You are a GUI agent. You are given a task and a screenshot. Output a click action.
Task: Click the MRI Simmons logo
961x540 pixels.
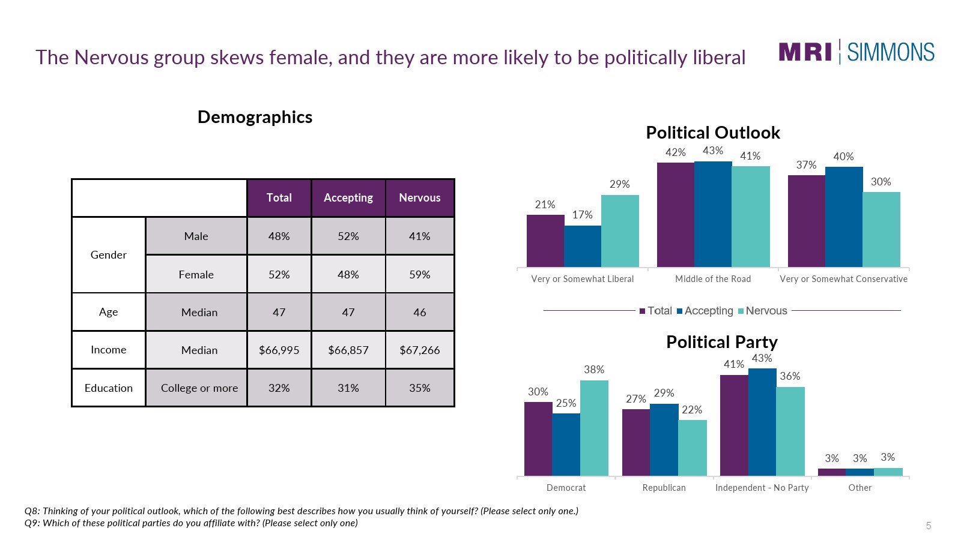[x=856, y=52]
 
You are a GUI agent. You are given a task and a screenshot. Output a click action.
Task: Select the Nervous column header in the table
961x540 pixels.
[x=419, y=198]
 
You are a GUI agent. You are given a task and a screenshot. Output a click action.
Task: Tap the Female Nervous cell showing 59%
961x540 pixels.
[x=419, y=274]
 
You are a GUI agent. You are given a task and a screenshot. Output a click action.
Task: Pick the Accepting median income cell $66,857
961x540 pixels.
[x=348, y=350]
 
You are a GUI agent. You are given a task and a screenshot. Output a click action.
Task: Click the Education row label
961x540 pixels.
[x=109, y=388]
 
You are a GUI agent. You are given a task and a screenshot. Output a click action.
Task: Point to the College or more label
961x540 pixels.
[x=199, y=388]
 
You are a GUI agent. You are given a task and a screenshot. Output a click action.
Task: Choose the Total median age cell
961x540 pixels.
[x=279, y=312]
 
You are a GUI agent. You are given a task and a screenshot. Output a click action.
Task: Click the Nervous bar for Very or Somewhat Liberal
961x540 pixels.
[x=619, y=231]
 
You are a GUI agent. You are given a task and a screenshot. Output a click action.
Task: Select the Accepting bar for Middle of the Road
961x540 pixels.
[x=713, y=214]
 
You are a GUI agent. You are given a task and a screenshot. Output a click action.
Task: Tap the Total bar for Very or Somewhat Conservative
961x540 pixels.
[x=806, y=221]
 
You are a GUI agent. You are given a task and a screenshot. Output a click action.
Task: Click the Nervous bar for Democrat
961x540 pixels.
[x=594, y=428]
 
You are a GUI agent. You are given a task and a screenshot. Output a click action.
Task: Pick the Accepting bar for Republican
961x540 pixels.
[x=664, y=440]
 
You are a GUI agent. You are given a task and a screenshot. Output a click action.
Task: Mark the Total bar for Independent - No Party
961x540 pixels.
[x=734, y=425]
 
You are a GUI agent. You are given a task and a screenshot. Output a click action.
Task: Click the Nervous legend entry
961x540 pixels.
[x=762, y=311]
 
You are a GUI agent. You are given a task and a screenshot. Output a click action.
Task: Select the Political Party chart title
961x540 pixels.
[x=721, y=342]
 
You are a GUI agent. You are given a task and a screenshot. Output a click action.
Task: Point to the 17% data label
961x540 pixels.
[x=582, y=215]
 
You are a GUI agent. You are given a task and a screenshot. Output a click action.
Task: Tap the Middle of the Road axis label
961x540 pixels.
[x=713, y=279]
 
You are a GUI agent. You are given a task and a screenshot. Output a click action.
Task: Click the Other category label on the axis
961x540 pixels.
[x=859, y=488]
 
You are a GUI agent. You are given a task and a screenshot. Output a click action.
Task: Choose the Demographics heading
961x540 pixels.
[x=255, y=117]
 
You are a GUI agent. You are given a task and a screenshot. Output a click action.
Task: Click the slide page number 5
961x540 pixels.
[x=928, y=526]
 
